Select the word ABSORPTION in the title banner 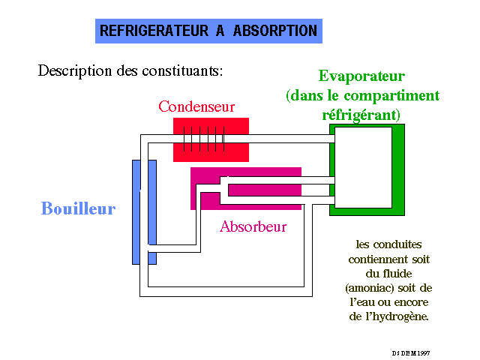coord(275,31)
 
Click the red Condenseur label coord(196,106)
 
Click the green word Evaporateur coord(361,76)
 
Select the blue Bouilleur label coord(78,208)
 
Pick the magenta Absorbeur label coord(253,226)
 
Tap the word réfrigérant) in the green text coord(361,115)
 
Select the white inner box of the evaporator coord(363,167)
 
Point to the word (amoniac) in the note coord(368,288)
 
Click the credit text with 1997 coord(409,352)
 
